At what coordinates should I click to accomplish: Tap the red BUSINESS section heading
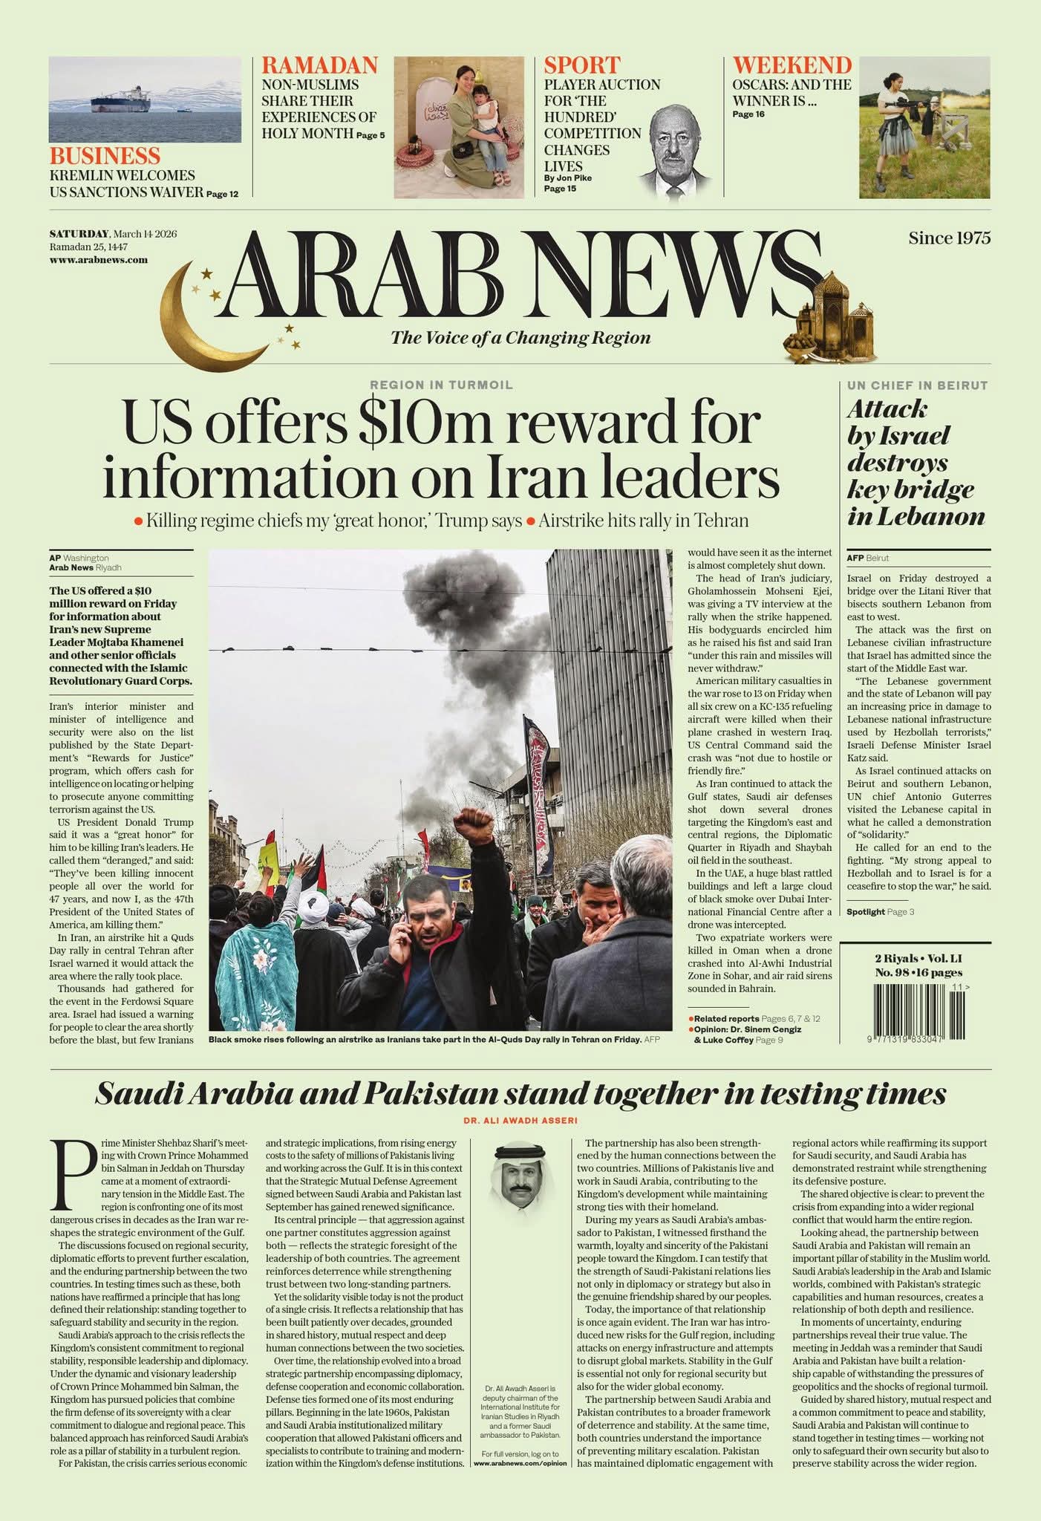pyautogui.click(x=105, y=156)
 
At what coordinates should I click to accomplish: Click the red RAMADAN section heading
pyautogui.click(x=319, y=65)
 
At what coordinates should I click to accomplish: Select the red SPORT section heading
pyautogui.click(x=581, y=65)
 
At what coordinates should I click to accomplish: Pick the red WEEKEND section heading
pyautogui.click(x=792, y=65)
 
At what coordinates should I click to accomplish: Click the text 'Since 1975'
pyautogui.click(x=949, y=238)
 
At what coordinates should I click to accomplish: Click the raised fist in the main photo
pyautogui.click(x=474, y=823)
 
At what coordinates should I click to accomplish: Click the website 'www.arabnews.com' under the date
pyautogui.click(x=98, y=260)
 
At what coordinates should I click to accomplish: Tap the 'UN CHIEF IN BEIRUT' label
pyautogui.click(x=917, y=385)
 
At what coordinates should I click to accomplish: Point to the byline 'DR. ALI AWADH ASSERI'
pyautogui.click(x=520, y=1121)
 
